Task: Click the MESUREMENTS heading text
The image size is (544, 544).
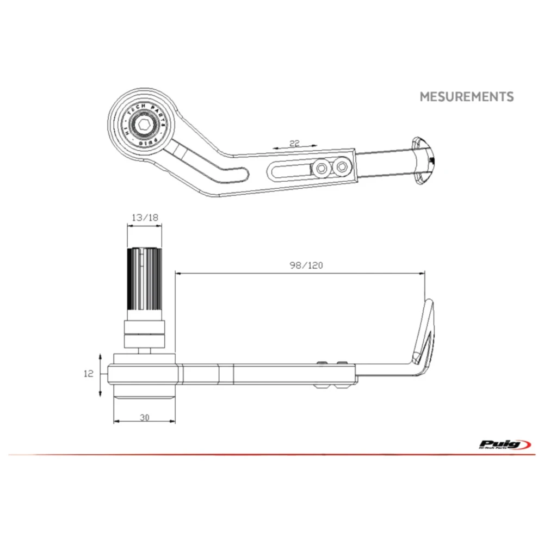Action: point(466,97)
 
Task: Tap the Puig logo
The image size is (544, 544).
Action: point(505,444)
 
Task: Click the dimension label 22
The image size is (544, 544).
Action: point(294,143)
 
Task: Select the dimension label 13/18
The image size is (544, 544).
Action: point(145,218)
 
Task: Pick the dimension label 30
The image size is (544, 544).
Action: point(144,417)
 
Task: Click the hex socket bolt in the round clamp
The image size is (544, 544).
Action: point(145,127)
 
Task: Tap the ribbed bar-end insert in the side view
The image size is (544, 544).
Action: point(145,279)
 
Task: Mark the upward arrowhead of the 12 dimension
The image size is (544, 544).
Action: point(101,355)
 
